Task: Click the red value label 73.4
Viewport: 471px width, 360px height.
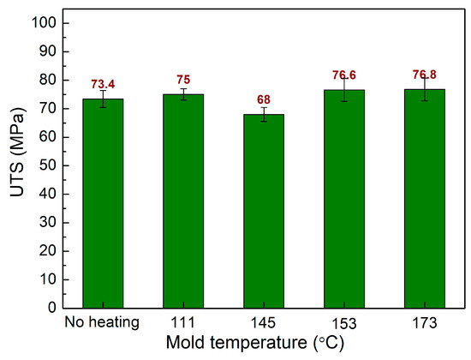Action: pos(103,84)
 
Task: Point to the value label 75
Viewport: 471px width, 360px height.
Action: pos(183,81)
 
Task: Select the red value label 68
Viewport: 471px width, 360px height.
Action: pos(264,99)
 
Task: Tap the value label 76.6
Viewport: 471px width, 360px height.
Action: pos(344,75)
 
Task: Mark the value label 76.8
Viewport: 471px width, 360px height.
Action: pos(424,75)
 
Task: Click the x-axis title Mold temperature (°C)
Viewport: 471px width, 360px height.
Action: pos(263,346)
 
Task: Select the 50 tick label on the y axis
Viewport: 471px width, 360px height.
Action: pos(48,165)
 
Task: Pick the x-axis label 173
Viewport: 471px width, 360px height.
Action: pos(424,324)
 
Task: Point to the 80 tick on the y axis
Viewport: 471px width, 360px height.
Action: pos(48,80)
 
